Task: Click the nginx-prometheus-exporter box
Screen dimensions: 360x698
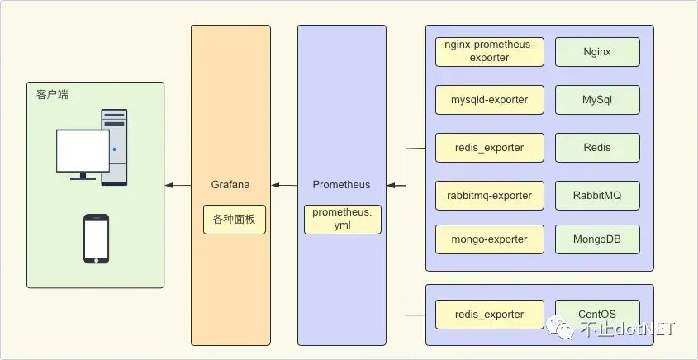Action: (x=490, y=52)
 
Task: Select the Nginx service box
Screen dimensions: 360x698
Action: (x=597, y=52)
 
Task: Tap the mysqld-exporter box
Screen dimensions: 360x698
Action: (x=490, y=100)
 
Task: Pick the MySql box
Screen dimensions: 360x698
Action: (x=597, y=100)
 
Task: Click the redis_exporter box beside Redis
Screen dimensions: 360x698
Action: (x=490, y=148)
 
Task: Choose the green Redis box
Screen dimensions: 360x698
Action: (x=597, y=148)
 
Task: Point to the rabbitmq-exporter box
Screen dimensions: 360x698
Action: (x=490, y=196)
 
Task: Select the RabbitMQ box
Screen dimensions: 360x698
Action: (x=597, y=196)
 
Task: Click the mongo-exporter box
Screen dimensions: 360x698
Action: (x=490, y=239)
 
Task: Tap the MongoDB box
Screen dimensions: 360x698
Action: (x=597, y=239)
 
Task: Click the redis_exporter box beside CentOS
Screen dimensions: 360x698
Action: (x=490, y=315)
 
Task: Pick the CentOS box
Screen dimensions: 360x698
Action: (x=597, y=315)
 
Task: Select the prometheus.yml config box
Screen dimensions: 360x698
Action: (x=342, y=220)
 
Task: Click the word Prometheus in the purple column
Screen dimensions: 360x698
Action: (x=342, y=185)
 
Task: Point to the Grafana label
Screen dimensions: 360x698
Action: (x=230, y=185)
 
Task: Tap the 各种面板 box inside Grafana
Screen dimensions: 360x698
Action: (x=235, y=220)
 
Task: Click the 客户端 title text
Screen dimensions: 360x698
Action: (x=52, y=95)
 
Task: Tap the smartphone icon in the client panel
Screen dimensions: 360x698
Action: (x=97, y=239)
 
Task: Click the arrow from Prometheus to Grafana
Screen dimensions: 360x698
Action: (x=284, y=186)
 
